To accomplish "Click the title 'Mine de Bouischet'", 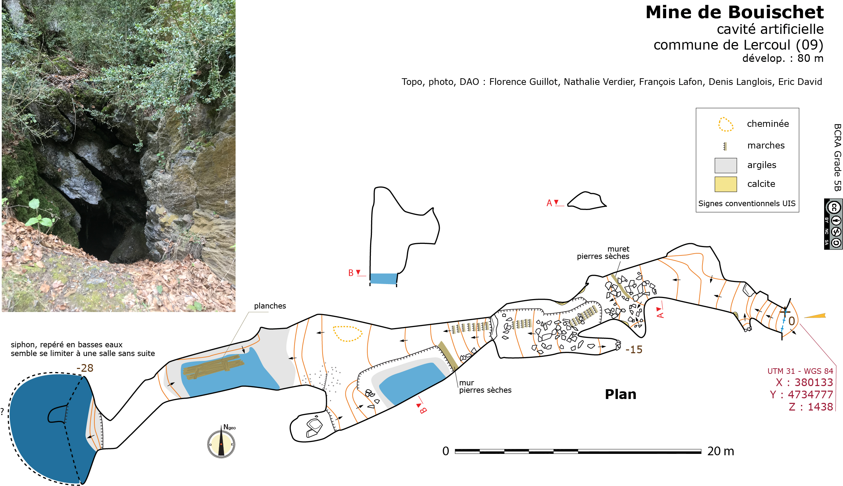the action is [x=734, y=13].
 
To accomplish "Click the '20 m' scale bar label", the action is [x=720, y=451].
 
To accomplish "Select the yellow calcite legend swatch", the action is [x=726, y=184].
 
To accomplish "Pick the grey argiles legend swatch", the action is [x=726, y=165].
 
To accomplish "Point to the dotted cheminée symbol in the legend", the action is [x=726, y=124].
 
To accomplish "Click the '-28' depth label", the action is [x=85, y=368].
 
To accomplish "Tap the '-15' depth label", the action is [x=634, y=349].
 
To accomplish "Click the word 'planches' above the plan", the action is [x=270, y=306].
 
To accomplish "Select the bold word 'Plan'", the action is [x=621, y=394].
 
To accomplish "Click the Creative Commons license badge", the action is [x=833, y=224].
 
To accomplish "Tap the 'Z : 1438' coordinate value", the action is [x=811, y=407].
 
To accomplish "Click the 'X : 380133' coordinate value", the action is [x=804, y=382].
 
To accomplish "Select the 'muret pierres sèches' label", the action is [x=603, y=253].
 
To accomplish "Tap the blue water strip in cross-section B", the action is [x=383, y=278].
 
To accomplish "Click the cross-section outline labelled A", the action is [x=586, y=201].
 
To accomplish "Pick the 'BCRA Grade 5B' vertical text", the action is [x=837, y=157].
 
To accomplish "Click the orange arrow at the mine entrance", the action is [x=815, y=316].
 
